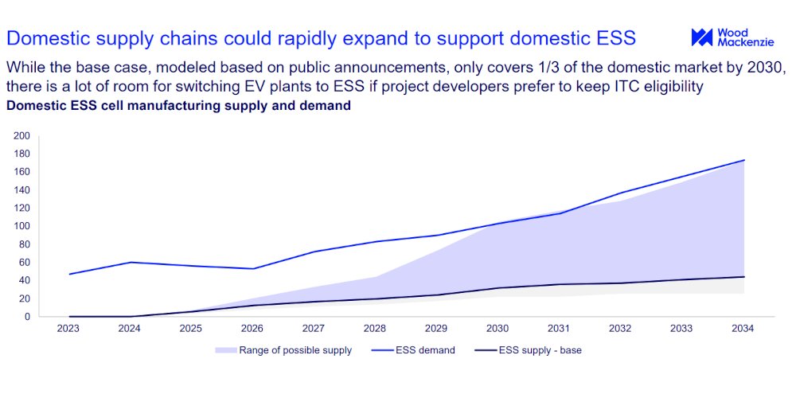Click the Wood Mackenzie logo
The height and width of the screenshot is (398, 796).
pos(732,37)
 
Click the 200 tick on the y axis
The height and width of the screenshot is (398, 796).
pos(22,135)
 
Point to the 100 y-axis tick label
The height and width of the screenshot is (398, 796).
pos(22,226)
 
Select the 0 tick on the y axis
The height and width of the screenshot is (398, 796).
pos(27,317)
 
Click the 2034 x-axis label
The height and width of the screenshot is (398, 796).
pos(743,328)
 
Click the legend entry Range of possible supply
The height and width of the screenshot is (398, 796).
pos(283,350)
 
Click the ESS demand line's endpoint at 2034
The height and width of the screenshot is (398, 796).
pos(743,160)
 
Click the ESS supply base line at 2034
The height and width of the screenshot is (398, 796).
pos(743,277)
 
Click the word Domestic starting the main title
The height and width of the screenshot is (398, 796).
pos(46,38)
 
